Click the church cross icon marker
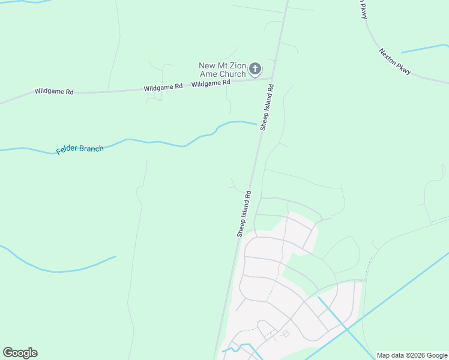(x=255, y=69)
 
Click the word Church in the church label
(x=233, y=74)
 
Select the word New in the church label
(x=207, y=65)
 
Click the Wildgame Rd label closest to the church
(x=211, y=83)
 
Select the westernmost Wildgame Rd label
(x=54, y=91)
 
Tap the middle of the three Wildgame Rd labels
(x=163, y=87)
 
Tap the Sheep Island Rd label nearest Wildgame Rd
(x=267, y=107)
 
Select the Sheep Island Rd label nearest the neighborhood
(x=244, y=214)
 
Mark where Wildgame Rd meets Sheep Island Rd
(x=272, y=78)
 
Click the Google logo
(x=20, y=353)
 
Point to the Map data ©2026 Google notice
(x=412, y=355)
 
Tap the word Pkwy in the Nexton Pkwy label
(x=403, y=69)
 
